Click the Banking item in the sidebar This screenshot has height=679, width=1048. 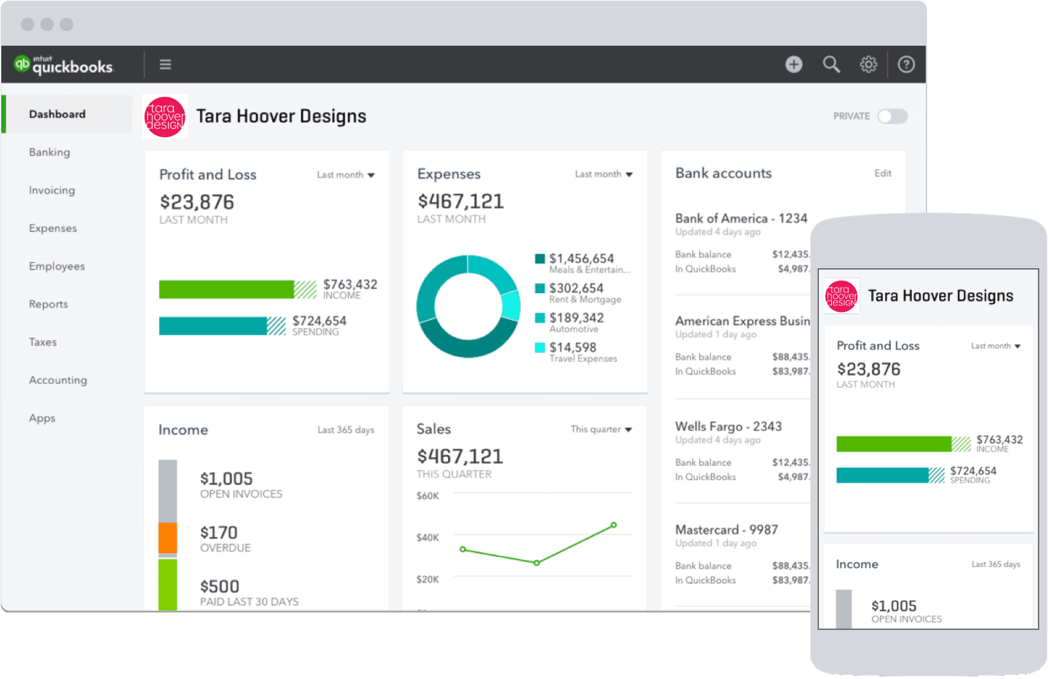[49, 153]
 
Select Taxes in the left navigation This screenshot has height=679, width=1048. [42, 342]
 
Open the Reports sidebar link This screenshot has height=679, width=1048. [48, 305]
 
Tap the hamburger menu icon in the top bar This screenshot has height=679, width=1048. [165, 65]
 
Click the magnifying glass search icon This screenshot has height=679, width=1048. [831, 65]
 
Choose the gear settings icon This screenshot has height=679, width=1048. [869, 65]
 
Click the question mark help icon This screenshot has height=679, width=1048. [906, 65]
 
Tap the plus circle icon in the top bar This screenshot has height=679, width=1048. [794, 65]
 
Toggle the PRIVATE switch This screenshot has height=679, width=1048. [892, 116]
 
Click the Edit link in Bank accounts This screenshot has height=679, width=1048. [883, 173]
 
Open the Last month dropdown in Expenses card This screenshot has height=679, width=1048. [603, 174]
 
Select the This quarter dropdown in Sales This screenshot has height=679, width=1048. [601, 430]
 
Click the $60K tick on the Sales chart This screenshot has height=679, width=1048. [428, 496]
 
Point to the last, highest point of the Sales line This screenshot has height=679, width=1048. [614, 525]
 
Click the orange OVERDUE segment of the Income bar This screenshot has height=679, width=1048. [168, 538]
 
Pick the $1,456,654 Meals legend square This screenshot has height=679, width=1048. [539, 259]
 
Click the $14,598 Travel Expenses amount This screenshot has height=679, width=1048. [572, 347]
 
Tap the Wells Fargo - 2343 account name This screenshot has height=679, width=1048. [728, 426]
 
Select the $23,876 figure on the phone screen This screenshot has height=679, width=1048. [869, 369]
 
